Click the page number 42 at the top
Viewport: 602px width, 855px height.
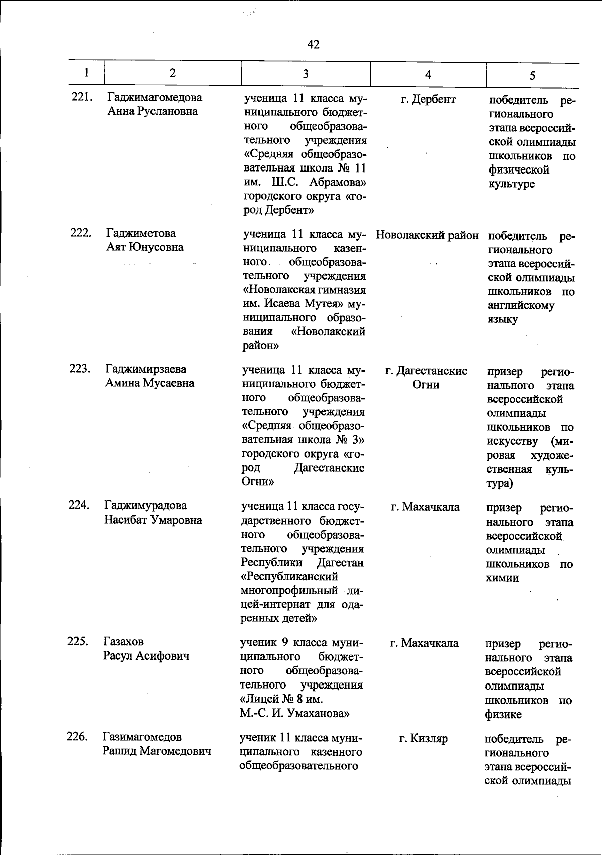[313, 45]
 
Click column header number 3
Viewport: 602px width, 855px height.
[305, 74]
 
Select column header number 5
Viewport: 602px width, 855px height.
[532, 75]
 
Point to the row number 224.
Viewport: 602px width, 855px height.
[79, 505]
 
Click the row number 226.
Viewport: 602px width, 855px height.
[77, 737]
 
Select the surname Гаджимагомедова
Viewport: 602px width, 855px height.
[155, 97]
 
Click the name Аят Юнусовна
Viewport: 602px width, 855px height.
[144, 247]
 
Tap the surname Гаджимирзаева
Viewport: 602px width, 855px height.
[146, 369]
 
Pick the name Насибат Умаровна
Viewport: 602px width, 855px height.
[153, 520]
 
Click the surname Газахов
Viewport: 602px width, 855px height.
[123, 642]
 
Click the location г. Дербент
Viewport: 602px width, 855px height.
[428, 100]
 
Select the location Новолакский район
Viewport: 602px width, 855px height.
[427, 235]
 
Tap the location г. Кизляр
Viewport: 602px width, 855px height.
[423, 738]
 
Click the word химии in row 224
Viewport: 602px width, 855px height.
[502, 578]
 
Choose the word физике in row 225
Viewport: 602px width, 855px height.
[503, 714]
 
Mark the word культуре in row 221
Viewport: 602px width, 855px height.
[512, 184]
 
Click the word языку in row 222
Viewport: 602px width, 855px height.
[502, 319]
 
